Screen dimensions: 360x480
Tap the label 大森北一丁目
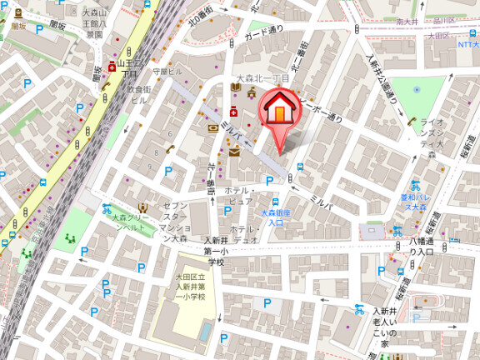click(x=262, y=78)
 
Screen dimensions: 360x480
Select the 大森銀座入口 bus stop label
click(x=275, y=217)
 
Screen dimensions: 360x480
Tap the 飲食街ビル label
click(x=138, y=94)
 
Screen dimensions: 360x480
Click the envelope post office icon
click(x=235, y=152)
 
